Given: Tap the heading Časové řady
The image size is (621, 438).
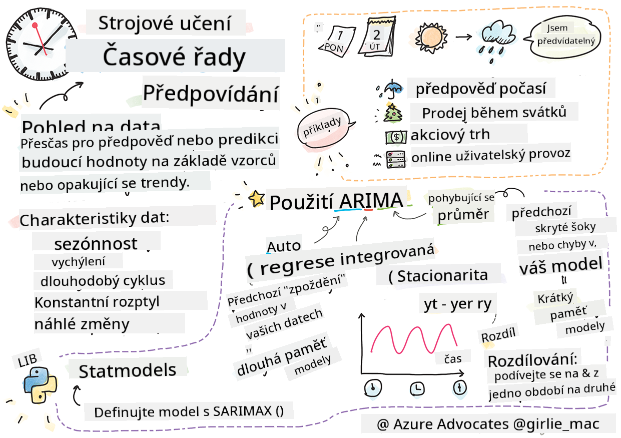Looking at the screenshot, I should point(174,58).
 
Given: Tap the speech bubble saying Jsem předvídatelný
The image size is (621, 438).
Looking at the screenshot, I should point(564,36).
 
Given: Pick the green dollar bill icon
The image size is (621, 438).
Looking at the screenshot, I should point(395,136).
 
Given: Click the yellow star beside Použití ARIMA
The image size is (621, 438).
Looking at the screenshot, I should point(257,199).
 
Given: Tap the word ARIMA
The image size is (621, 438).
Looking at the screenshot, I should point(370,201).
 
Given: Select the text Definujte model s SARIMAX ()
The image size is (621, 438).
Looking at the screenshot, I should point(189,411).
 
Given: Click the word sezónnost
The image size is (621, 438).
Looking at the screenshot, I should point(96,244).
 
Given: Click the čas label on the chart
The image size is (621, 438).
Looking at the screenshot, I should point(452,357).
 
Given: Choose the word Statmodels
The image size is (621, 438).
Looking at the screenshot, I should point(128,370).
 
